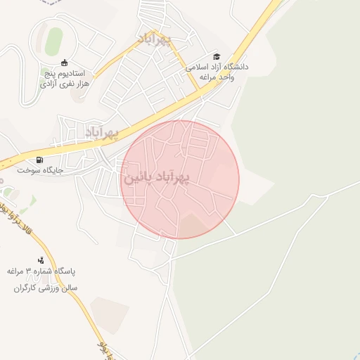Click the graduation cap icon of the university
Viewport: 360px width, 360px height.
217,56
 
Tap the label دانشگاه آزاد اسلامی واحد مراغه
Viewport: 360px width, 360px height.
217,71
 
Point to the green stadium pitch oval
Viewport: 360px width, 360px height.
53,41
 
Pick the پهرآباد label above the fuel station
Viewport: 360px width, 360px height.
103,132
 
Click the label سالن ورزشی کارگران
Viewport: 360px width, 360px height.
45,288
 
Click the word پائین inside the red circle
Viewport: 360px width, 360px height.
138,179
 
